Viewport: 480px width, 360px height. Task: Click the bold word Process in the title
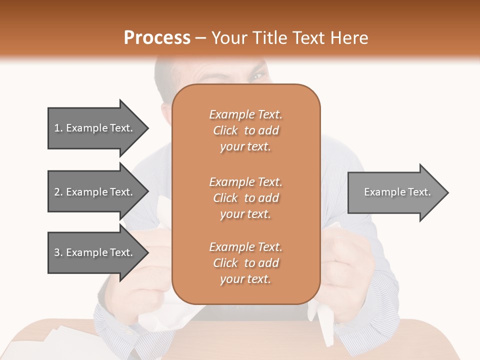coord(157,38)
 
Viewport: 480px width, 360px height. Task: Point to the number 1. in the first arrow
coord(58,128)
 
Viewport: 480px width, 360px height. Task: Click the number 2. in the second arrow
coord(58,192)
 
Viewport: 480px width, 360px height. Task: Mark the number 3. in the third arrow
coord(58,252)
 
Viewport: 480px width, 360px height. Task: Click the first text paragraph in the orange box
coord(245,130)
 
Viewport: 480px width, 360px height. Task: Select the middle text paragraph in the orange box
coord(245,198)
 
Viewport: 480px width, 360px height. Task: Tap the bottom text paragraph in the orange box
coord(245,263)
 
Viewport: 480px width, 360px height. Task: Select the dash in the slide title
coord(201,38)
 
